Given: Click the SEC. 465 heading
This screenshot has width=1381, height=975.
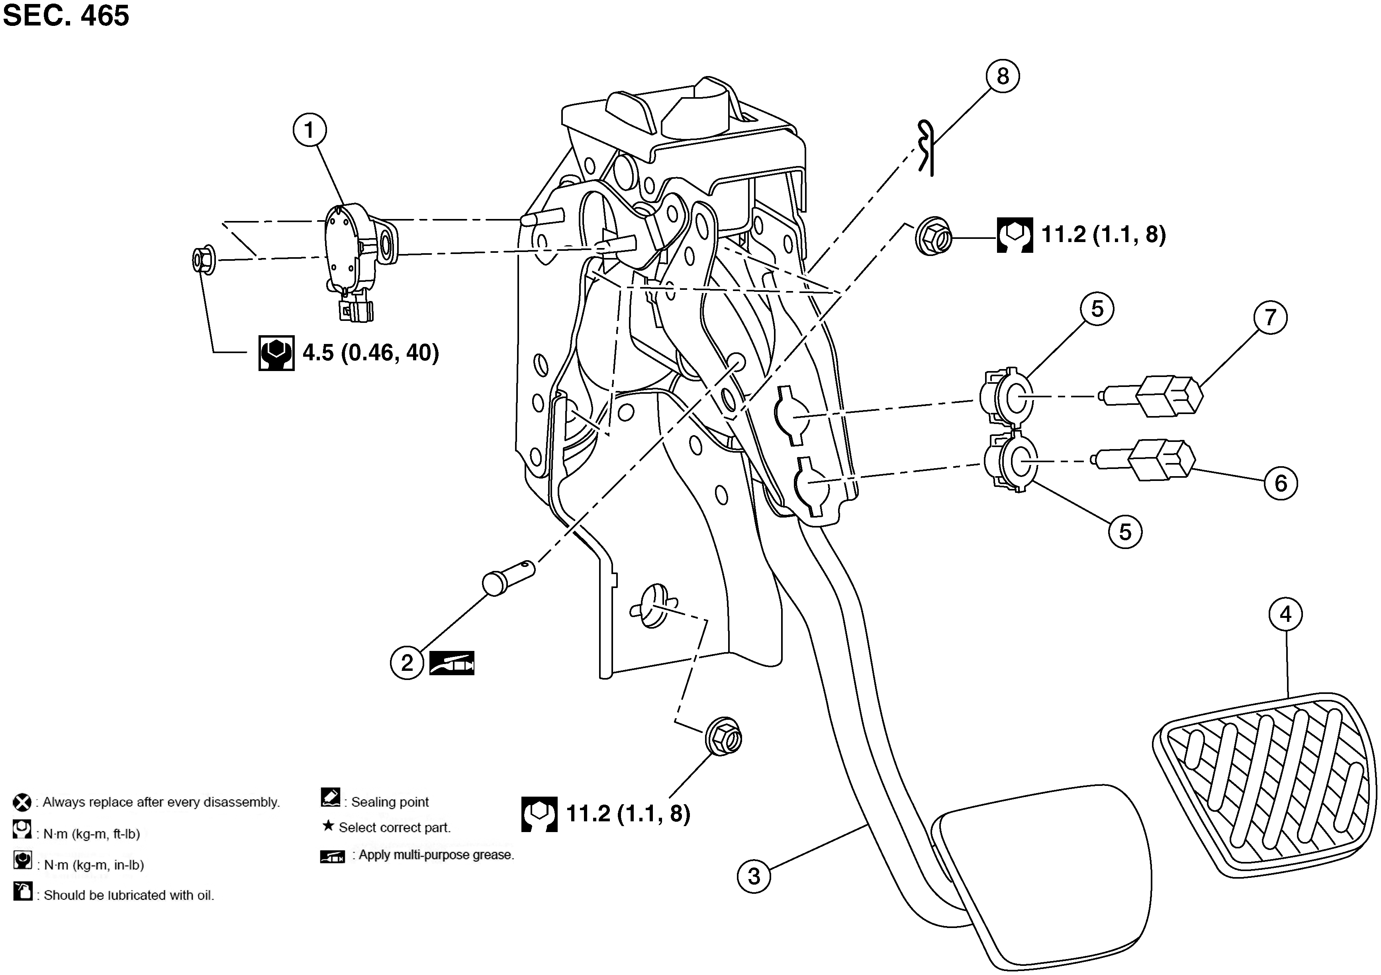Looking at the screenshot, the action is tap(66, 15).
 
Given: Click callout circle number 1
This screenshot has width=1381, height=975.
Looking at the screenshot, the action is tap(310, 130).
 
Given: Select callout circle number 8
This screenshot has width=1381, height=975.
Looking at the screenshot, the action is tap(1002, 76).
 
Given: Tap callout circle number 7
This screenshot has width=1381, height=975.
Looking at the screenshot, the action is tap(1270, 317).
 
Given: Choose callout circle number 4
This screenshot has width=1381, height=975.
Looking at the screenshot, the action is tap(1286, 614).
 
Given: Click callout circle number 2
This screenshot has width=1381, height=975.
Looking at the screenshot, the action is tap(407, 662).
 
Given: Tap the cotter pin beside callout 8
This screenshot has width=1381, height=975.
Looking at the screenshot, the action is tap(926, 148).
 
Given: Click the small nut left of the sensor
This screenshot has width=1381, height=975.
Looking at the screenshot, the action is tap(204, 260).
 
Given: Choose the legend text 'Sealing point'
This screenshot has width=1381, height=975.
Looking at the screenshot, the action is tap(390, 802).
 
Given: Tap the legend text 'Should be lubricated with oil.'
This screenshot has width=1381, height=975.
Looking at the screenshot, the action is tap(129, 895).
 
